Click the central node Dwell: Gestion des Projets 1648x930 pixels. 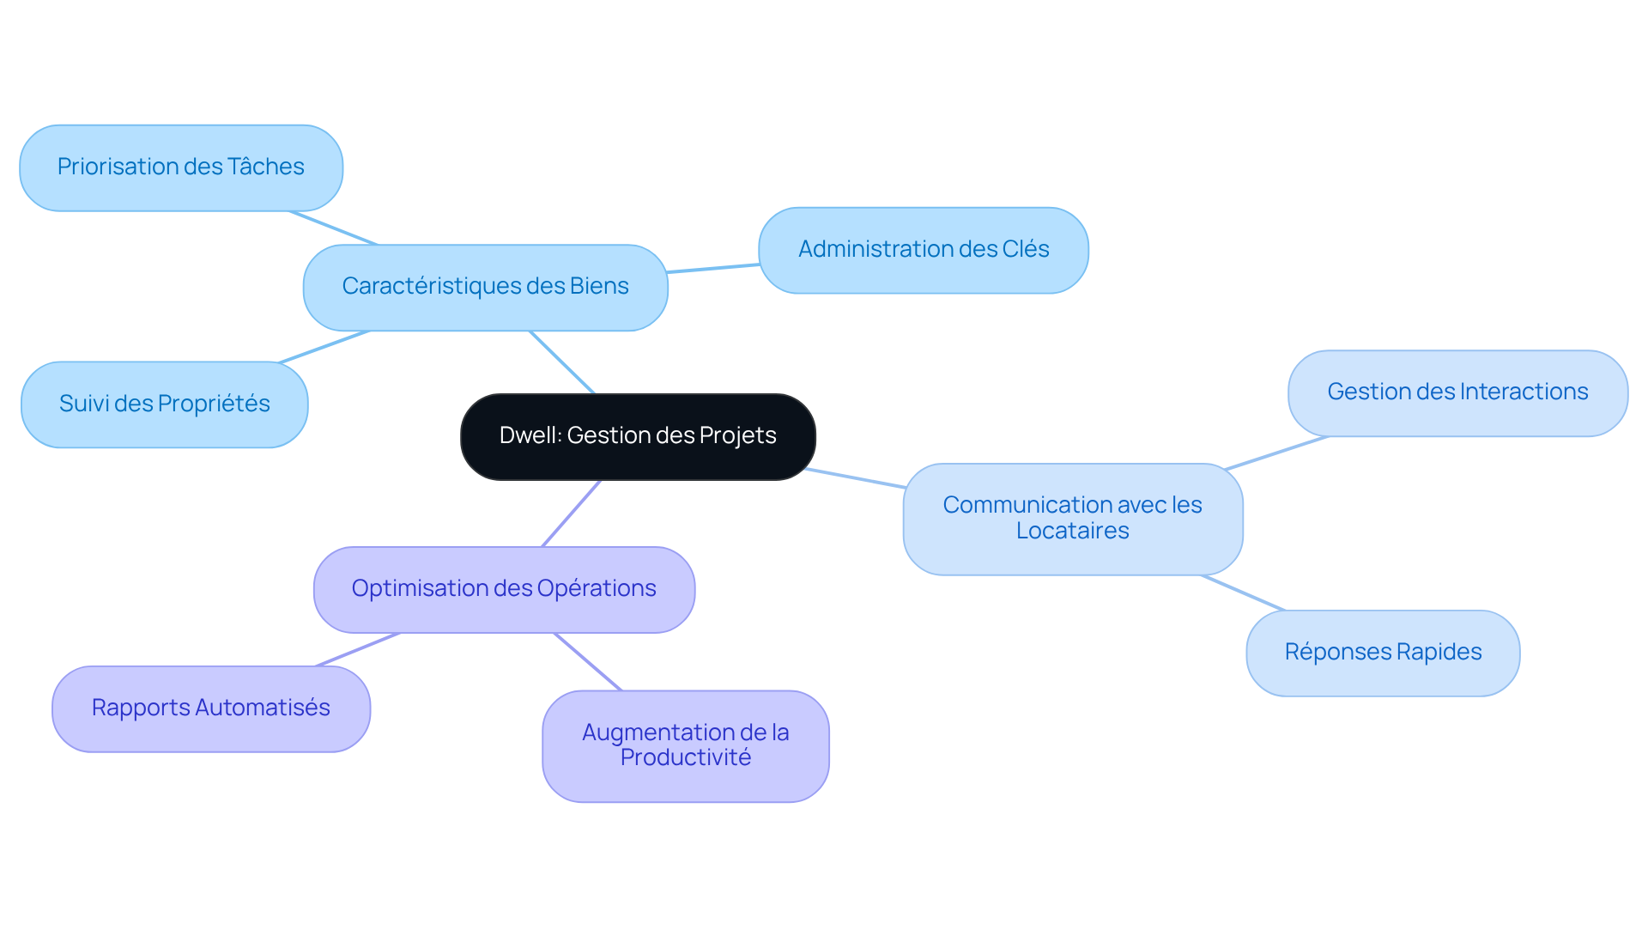point(638,436)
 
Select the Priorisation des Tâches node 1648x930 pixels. point(181,167)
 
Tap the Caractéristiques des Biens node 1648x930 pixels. point(485,287)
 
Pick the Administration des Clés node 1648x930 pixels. point(924,250)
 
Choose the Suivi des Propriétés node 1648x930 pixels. point(164,404)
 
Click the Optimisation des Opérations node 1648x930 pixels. point(504,589)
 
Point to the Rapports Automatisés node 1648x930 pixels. point(210,708)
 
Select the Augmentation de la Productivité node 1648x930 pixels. point(685,745)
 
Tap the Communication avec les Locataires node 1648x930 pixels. point(1072,519)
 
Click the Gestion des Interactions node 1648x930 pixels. point(1457,392)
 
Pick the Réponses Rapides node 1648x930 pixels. point(1383,653)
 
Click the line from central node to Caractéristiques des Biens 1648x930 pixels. point(562,362)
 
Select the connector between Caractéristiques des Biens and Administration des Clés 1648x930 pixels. point(713,269)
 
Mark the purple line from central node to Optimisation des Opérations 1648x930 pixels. point(572,513)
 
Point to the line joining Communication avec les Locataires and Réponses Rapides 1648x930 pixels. point(1243,593)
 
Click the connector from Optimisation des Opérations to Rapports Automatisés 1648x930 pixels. point(358,649)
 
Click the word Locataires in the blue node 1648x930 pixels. point(1072,531)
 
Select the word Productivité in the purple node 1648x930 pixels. point(685,757)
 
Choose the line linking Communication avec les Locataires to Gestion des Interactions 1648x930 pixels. point(1276,453)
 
